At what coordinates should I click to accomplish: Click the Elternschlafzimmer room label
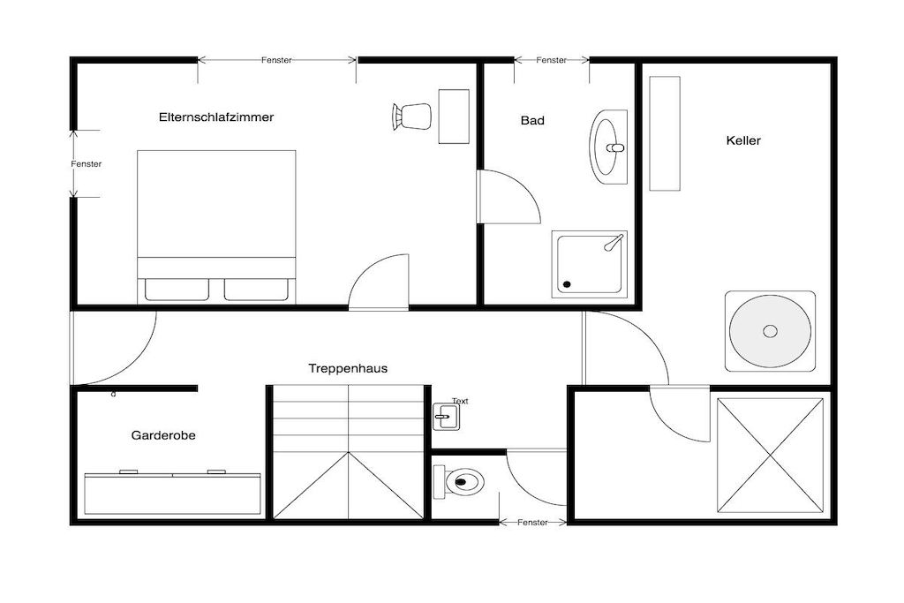pos(216,117)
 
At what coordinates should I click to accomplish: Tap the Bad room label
pos(532,120)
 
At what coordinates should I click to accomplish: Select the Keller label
pos(743,140)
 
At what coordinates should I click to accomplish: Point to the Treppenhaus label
pos(348,368)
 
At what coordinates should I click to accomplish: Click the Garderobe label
pos(163,435)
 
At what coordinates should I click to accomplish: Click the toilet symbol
pos(458,481)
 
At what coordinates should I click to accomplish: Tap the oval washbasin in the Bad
pos(608,147)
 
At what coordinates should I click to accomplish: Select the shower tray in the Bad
pos(589,264)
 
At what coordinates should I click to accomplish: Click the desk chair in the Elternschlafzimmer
pos(411,117)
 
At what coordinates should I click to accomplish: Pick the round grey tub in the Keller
pos(770,331)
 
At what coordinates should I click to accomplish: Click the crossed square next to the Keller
pos(770,455)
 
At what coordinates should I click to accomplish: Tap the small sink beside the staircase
pos(446,416)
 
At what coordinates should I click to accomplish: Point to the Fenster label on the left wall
pos(86,163)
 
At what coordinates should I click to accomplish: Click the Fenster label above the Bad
pos(551,60)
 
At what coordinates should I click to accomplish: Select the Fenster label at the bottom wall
pos(532,523)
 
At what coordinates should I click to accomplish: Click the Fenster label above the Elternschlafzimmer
pos(276,60)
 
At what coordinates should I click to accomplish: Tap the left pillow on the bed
pos(177,290)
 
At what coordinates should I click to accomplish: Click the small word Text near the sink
pos(460,401)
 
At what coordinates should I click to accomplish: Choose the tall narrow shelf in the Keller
pos(665,133)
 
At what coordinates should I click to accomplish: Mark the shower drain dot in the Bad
pos(567,284)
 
